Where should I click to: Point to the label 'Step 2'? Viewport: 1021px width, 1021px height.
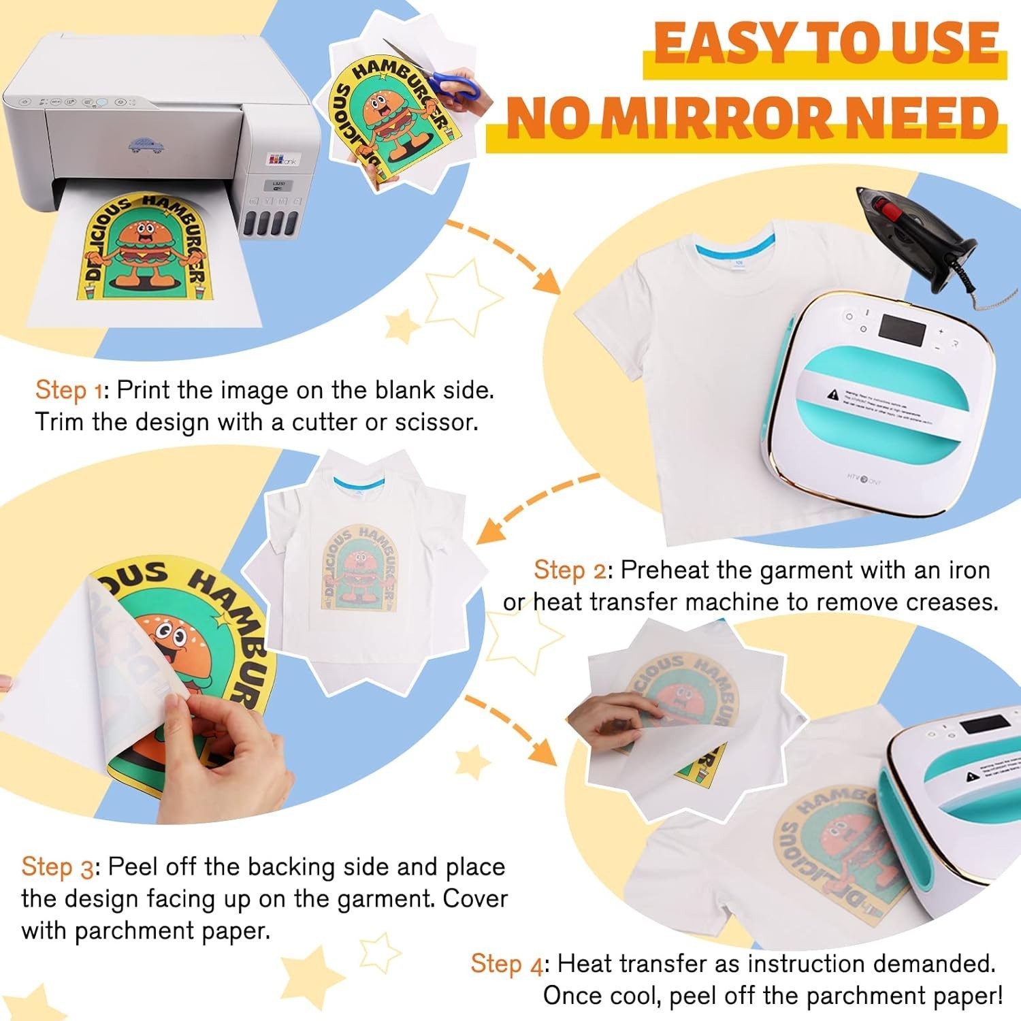[x=569, y=570]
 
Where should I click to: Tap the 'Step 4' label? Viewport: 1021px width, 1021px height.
[x=507, y=964]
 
